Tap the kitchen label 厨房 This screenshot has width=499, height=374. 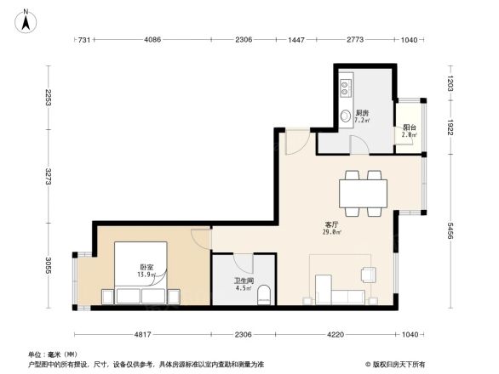pyautogui.click(x=361, y=113)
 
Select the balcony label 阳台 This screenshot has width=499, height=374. pyautogui.click(x=409, y=127)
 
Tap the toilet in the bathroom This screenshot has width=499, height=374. pyautogui.click(x=263, y=295)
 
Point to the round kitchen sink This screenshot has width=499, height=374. pyautogui.click(x=346, y=116)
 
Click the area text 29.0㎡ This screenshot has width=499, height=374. pyautogui.click(x=331, y=232)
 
